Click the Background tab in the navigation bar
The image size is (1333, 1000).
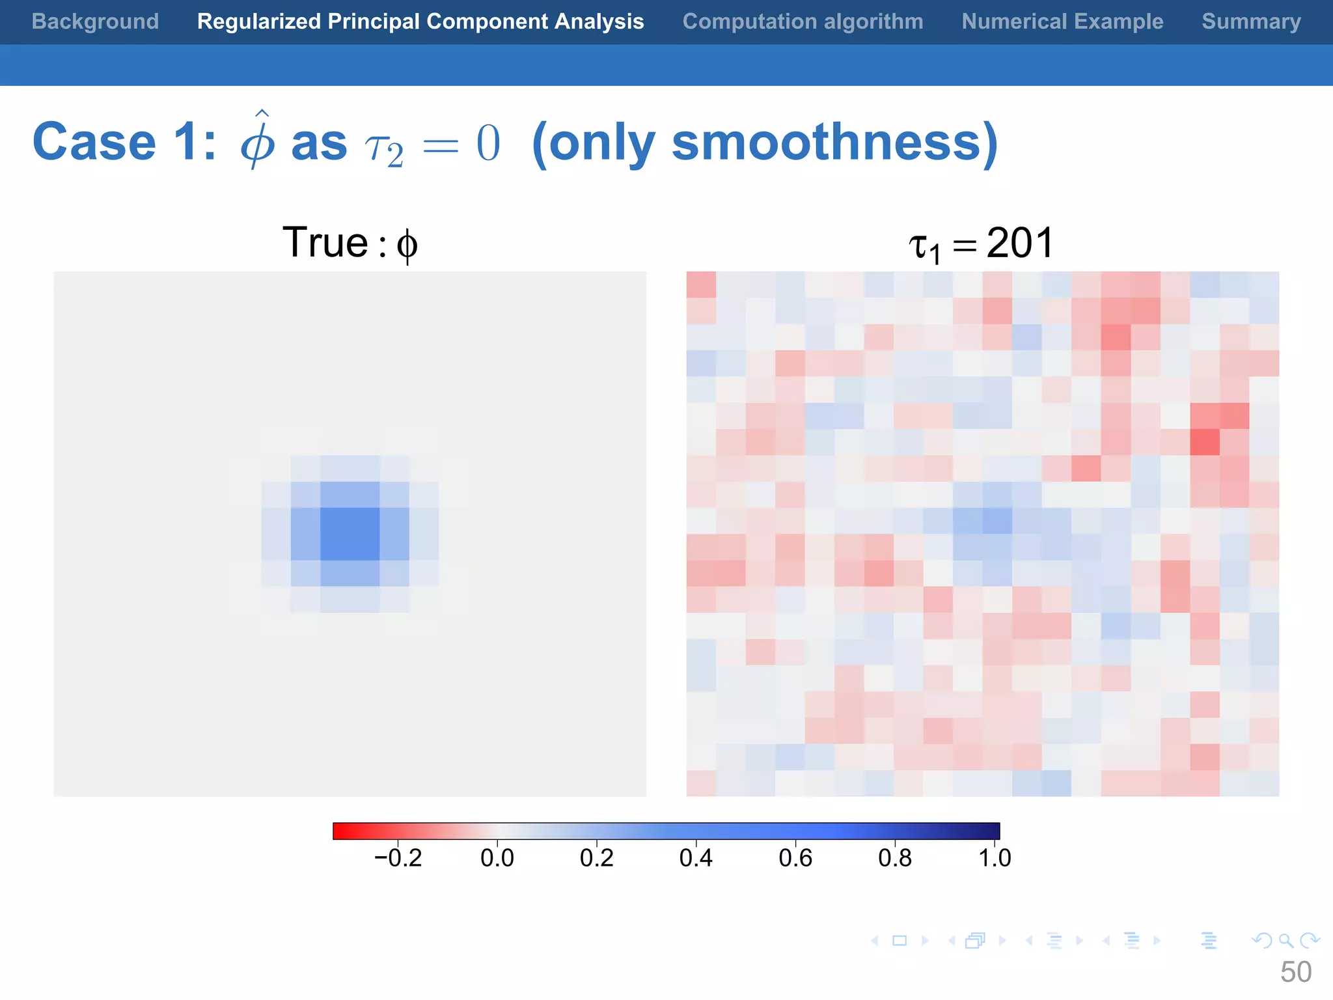(x=95, y=21)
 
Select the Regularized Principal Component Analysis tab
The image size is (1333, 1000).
(x=420, y=21)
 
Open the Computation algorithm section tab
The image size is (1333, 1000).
(x=803, y=21)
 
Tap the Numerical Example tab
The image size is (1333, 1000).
(x=1062, y=21)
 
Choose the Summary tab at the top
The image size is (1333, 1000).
(x=1251, y=21)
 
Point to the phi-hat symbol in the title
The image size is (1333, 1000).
(x=258, y=140)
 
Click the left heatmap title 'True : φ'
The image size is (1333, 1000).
(x=350, y=243)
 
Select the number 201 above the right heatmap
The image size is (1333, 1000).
(x=1020, y=243)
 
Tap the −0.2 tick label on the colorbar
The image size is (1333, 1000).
(x=398, y=858)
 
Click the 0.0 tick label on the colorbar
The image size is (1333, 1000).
(x=497, y=858)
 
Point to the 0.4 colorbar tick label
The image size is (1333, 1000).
(x=696, y=858)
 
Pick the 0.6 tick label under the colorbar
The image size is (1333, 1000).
(x=795, y=858)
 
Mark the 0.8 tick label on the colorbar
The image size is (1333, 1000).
(x=895, y=858)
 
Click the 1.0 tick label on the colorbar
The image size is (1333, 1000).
(x=995, y=858)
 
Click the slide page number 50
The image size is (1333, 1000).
(x=1295, y=972)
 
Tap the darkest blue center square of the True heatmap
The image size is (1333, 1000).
(x=350, y=534)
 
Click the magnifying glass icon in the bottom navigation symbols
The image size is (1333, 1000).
(x=1285, y=940)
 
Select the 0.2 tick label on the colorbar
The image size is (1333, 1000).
(x=597, y=858)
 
